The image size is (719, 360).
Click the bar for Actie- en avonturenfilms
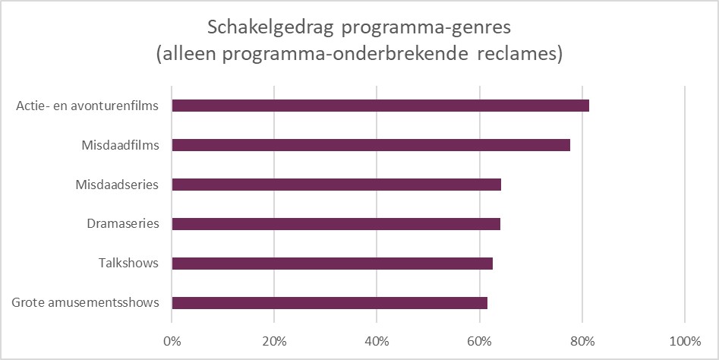click(x=380, y=106)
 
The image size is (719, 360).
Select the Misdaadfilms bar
click(x=371, y=145)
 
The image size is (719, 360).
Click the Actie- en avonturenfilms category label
click(x=87, y=106)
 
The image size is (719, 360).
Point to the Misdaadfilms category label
click(x=121, y=145)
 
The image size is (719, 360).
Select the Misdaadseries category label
click(x=118, y=185)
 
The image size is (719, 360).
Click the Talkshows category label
click(x=129, y=264)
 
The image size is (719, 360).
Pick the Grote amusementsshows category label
click(x=86, y=303)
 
